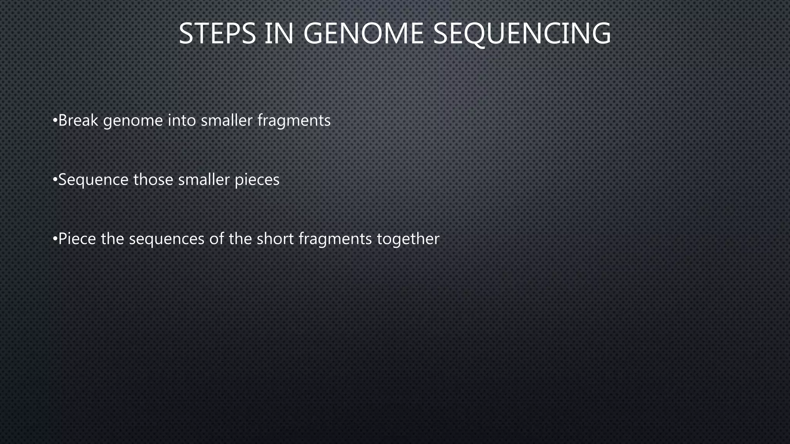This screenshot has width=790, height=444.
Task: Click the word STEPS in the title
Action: coord(217,34)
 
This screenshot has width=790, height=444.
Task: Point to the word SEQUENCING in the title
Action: coord(522,34)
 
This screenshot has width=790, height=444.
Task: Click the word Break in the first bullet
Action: coord(78,121)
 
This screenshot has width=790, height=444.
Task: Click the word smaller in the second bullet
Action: coord(204,180)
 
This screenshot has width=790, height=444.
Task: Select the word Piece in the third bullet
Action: coord(77,239)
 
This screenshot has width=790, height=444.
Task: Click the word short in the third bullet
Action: coord(275,239)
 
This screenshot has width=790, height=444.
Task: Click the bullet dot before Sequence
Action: coord(55,180)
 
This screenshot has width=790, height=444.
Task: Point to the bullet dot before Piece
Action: coord(55,239)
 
